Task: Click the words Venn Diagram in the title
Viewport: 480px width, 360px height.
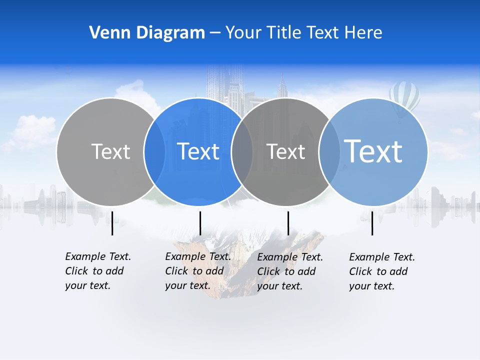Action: coord(147,33)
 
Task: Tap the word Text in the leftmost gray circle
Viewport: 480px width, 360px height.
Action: coord(110,151)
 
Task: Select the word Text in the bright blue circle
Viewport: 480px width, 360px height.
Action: coord(198,151)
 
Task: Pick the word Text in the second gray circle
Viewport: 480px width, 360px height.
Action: coord(285,151)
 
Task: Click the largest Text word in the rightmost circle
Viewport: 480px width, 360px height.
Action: coord(373,151)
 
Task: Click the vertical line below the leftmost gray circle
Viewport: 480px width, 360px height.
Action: coord(112,223)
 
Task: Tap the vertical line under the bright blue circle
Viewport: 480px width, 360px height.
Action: coord(200,223)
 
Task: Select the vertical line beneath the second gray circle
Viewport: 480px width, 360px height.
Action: coord(288,223)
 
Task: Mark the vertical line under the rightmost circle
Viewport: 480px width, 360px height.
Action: coord(372,223)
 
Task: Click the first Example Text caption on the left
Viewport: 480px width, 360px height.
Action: coord(97,271)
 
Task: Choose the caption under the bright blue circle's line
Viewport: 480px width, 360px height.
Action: coord(197,271)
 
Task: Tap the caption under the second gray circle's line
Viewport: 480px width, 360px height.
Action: coord(289,271)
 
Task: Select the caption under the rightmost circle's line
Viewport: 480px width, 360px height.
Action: coord(381,271)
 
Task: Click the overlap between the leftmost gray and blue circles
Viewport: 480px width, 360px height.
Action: coord(154,151)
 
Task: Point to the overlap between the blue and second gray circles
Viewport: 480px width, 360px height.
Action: coord(242,151)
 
